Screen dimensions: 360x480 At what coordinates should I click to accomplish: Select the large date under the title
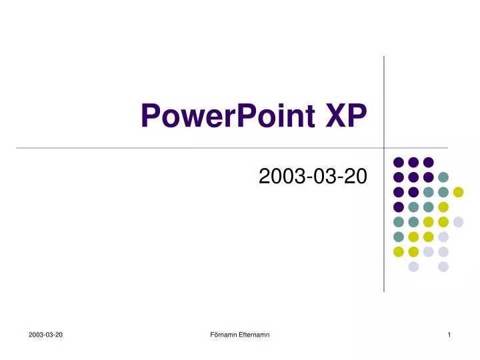pyautogui.click(x=311, y=177)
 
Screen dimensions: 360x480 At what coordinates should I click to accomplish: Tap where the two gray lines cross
pyautogui.click(x=384, y=147)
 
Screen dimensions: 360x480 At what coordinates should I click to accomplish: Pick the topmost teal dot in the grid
pyautogui.click(x=443, y=177)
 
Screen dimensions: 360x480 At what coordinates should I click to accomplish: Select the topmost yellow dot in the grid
pyautogui.click(x=458, y=192)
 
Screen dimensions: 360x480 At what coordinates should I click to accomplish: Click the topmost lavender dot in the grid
pyautogui.click(x=458, y=222)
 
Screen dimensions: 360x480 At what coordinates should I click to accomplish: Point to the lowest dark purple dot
pyautogui.click(x=399, y=207)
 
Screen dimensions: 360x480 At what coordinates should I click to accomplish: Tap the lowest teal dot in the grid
pyautogui.click(x=399, y=237)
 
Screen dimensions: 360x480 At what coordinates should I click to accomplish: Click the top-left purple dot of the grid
pyautogui.click(x=399, y=162)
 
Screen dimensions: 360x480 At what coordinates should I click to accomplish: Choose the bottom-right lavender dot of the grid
pyautogui.click(x=443, y=267)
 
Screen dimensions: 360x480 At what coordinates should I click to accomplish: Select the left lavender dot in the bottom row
pyautogui.click(x=413, y=267)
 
